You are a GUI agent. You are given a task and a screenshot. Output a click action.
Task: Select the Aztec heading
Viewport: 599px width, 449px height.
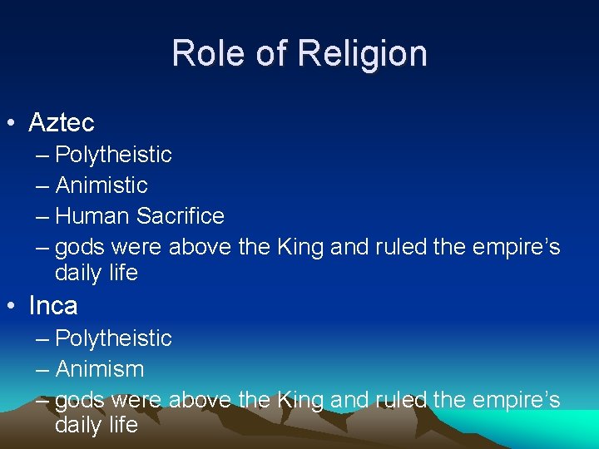click(x=62, y=123)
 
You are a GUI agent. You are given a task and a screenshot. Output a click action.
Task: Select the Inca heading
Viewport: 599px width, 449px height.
click(x=53, y=306)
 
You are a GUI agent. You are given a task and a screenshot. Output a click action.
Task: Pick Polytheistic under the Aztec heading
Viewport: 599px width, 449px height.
click(x=113, y=155)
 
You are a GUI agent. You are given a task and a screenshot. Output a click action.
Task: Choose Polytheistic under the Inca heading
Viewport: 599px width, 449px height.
click(x=113, y=338)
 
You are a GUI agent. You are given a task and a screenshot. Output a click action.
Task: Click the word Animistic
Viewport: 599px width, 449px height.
click(x=101, y=185)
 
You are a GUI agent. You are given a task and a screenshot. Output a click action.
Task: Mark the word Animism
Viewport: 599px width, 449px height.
click(x=99, y=369)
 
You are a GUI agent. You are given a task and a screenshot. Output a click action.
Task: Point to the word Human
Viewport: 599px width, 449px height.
click(x=92, y=216)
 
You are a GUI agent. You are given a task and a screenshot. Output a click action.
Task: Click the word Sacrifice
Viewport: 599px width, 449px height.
click(x=181, y=216)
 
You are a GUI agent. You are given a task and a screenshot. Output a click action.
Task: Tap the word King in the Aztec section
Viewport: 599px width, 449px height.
click(x=300, y=247)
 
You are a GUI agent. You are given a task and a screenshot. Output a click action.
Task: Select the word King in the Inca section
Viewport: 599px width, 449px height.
click(x=300, y=400)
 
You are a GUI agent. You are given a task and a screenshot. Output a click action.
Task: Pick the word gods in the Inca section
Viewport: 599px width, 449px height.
click(x=80, y=401)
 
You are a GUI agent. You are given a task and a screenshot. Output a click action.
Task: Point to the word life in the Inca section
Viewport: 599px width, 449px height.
click(x=123, y=425)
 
